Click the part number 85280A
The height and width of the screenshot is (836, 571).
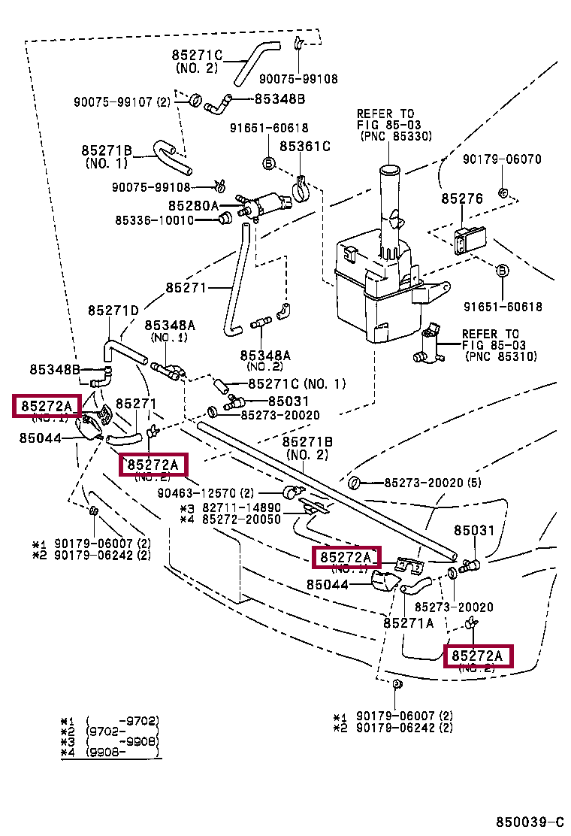[x=193, y=205]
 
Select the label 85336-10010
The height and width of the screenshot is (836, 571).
[x=154, y=220]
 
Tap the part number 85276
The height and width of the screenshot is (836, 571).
[x=461, y=198]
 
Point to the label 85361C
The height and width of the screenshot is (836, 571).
[x=305, y=147]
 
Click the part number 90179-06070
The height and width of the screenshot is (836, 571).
[x=502, y=159]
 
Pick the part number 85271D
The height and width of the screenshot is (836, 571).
[x=113, y=310]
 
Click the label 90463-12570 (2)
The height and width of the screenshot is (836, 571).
[x=205, y=493]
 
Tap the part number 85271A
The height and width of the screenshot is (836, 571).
[x=409, y=622]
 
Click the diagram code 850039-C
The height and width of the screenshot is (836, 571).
[x=529, y=823]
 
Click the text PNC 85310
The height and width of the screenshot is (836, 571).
[x=501, y=356]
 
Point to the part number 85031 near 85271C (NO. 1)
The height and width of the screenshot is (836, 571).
[x=289, y=401]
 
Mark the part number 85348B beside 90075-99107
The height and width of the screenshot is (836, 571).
[x=279, y=98]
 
